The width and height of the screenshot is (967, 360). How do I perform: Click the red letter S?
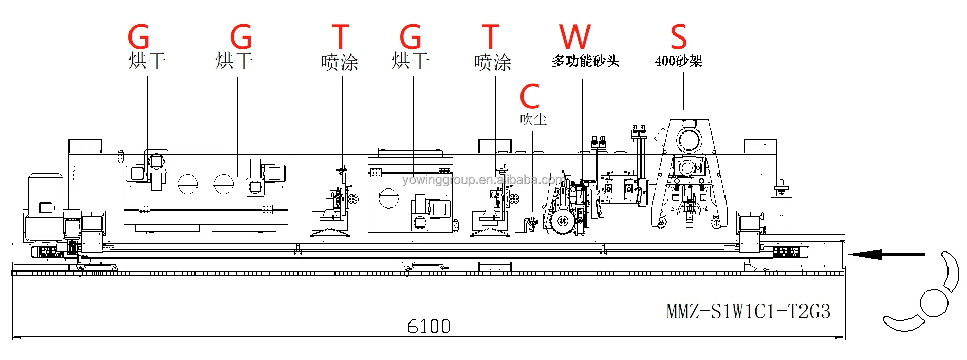click(x=678, y=37)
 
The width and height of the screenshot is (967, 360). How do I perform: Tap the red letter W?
click(x=575, y=37)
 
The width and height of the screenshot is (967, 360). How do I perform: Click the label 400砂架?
click(x=678, y=61)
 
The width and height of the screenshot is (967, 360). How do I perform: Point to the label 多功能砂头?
click(x=585, y=61)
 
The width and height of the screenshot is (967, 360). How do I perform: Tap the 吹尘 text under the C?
click(x=533, y=120)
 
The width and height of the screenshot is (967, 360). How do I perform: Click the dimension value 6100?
click(x=429, y=326)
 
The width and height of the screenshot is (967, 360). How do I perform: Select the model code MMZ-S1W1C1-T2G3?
click(x=748, y=311)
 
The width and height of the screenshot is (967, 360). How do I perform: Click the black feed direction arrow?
click(x=886, y=254)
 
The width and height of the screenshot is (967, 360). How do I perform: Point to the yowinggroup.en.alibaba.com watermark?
click(x=483, y=180)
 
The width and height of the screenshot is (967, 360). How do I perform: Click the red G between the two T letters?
click(x=411, y=37)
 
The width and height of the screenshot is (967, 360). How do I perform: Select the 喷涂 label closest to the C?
click(x=492, y=63)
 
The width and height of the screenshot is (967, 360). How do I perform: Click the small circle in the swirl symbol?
click(x=934, y=302)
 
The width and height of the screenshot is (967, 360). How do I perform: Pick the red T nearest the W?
click(x=491, y=37)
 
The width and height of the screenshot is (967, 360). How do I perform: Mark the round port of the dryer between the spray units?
click(x=388, y=198)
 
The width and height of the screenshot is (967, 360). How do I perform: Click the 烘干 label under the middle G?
click(x=410, y=61)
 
